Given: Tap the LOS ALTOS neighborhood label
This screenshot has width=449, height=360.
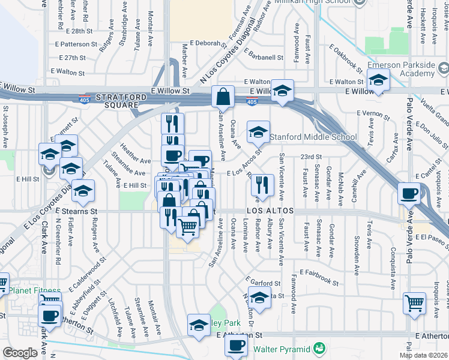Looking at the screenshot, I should pos(270,211).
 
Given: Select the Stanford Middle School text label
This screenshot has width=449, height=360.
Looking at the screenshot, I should pos(313,137).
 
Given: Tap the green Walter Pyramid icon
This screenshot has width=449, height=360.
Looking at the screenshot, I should pos(319,349).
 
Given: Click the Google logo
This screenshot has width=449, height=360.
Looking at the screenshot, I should pos(20,352).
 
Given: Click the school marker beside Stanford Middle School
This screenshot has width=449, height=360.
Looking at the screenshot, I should pos(258,131).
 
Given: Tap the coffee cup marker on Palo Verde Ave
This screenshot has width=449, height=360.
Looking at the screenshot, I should pos(409,193).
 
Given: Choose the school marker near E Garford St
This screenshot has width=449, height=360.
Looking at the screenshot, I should pos(259,297).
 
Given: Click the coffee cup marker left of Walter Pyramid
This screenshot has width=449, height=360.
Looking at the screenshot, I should pos(237,346).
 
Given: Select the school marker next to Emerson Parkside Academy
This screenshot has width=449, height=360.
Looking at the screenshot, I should pos(378,79).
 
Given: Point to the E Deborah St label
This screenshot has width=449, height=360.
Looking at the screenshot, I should pos(207,43).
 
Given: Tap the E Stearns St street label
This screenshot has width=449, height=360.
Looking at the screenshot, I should pos(76,212).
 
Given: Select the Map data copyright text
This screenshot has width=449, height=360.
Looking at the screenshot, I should pos(423,355).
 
